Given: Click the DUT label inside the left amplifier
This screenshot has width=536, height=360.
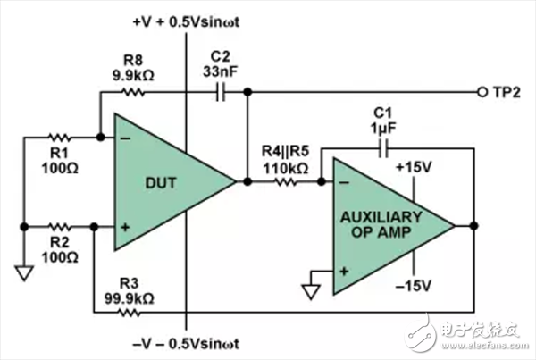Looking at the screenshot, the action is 161,183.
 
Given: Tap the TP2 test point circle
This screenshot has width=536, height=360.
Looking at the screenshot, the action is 482,92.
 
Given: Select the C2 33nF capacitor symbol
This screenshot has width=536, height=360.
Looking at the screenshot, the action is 222,92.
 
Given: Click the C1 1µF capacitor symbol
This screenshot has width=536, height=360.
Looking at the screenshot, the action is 383,148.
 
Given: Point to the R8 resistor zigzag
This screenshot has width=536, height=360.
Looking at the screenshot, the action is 133,92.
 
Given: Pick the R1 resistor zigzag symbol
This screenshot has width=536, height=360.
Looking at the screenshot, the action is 60,138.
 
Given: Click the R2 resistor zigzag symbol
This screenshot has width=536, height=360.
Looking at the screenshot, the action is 60,227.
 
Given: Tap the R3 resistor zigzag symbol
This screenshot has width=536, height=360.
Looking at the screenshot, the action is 129,312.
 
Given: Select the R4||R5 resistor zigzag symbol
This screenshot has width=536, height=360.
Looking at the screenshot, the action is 286,182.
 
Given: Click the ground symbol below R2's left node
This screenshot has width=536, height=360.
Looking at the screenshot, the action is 24,273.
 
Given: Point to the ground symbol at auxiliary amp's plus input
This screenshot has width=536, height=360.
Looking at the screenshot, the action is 311,292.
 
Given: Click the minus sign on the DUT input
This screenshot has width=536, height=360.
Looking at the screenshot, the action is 125,138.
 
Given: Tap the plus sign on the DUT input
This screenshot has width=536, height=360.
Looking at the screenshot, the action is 125,227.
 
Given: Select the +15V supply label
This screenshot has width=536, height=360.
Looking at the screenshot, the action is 414,167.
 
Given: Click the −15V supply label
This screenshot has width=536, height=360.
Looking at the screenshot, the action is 414,286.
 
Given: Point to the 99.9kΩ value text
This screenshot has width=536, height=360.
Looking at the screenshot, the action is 129,298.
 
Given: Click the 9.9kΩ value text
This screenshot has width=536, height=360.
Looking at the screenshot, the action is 133,75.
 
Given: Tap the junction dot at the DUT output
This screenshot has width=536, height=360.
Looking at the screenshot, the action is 247,181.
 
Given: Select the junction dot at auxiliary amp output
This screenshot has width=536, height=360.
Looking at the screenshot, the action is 473,226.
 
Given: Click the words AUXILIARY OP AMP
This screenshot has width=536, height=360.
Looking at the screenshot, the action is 381,224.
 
